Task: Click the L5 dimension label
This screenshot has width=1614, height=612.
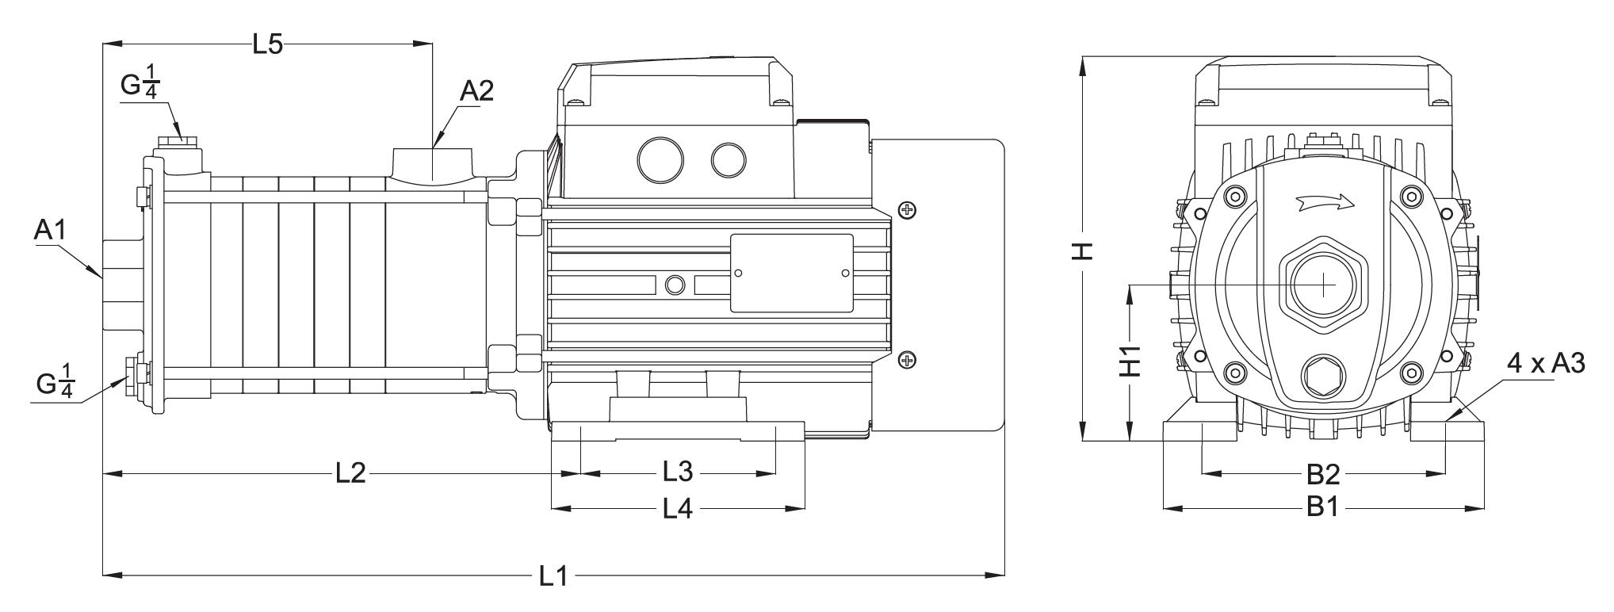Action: [x=267, y=44]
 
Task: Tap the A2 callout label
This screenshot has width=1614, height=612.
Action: [x=476, y=91]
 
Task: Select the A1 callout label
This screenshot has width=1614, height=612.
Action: [x=49, y=231]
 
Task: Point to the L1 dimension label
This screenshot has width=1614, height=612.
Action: [x=553, y=576]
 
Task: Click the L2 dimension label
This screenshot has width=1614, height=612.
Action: [x=350, y=473]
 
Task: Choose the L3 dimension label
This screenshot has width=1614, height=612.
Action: [x=678, y=472]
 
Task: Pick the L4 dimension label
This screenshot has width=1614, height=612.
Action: [x=678, y=508]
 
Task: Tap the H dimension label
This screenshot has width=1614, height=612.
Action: [x=1083, y=251]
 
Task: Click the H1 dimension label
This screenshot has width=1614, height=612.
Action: [x=1130, y=361]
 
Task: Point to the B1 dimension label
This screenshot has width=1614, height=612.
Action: [x=1322, y=507]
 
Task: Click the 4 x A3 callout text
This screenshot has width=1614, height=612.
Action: [x=1545, y=364]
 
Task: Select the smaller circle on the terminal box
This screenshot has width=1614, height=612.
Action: [x=729, y=160]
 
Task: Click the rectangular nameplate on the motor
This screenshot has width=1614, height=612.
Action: [x=791, y=273]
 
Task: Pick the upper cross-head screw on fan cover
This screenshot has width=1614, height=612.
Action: [x=907, y=209]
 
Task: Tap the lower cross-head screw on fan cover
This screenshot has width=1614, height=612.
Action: [x=907, y=361]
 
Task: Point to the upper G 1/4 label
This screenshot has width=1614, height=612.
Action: [x=140, y=86]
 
